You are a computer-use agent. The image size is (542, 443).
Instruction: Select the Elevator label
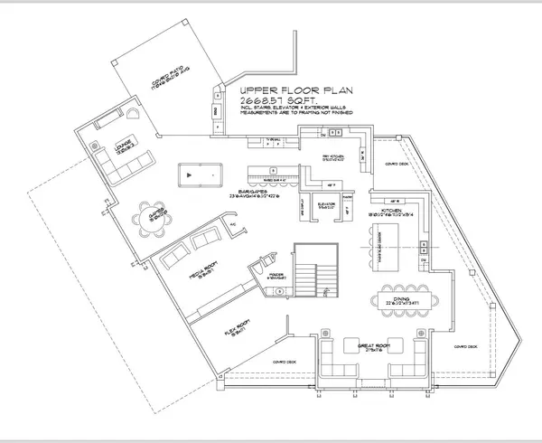coord(326,205)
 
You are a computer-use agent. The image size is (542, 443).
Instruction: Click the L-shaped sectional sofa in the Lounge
coord(123,163)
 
